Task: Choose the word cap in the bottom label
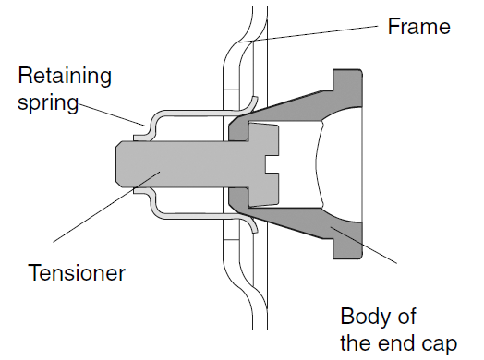(x=439, y=343)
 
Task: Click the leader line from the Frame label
(x=314, y=33)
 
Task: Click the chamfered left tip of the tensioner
(x=118, y=163)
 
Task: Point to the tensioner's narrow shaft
(x=175, y=163)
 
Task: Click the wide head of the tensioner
(x=249, y=164)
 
